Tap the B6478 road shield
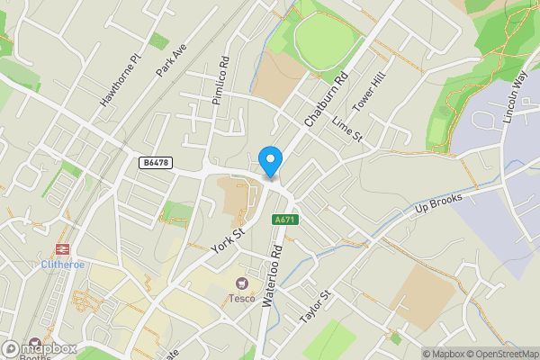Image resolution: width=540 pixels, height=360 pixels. pos(155,162)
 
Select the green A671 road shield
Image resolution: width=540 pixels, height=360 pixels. pos(284,220)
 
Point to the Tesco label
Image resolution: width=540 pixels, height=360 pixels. pos(240,299)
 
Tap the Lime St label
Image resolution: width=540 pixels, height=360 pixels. pos(346,129)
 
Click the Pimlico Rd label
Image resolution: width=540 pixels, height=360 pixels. pos(221,82)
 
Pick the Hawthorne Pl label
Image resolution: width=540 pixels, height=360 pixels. pos(121,79)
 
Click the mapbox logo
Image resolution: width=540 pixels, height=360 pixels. pos(38,348)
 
